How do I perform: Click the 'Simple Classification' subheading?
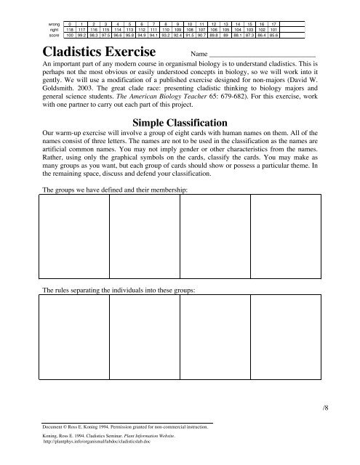[x=180, y=122]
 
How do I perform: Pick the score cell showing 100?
[x=69, y=34]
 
